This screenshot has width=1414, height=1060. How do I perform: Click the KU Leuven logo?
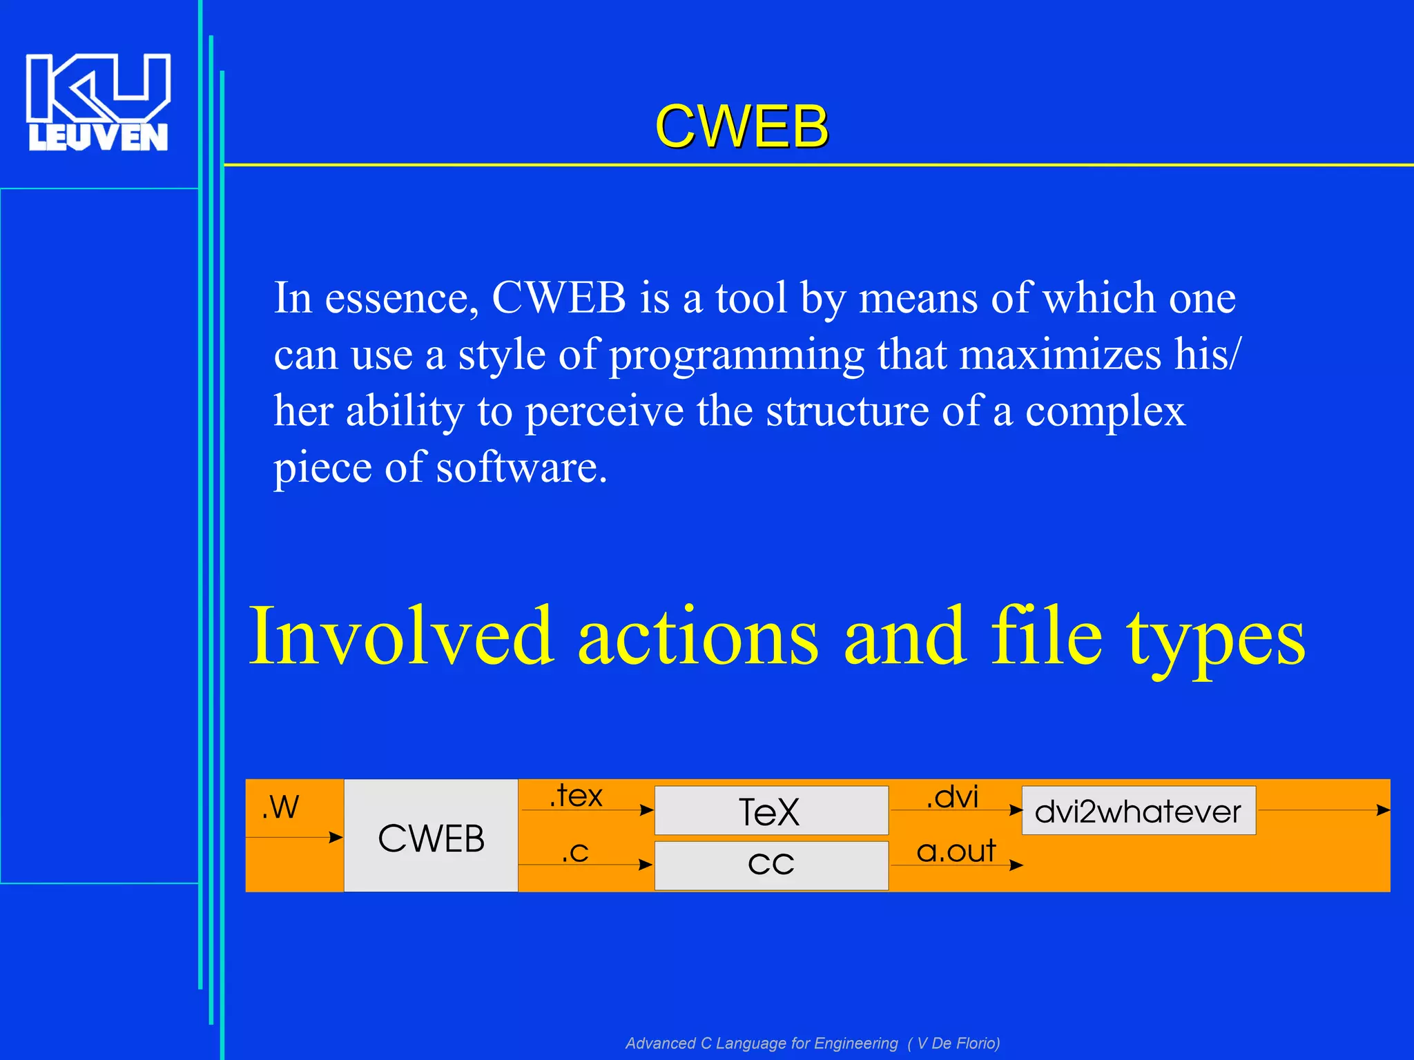coord(97,102)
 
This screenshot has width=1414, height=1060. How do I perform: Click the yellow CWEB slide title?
coord(742,126)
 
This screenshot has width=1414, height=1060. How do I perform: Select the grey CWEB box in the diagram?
coord(431,837)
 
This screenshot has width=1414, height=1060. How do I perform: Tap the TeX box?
coord(771,812)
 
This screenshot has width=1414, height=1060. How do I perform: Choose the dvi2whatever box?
coord(1138,811)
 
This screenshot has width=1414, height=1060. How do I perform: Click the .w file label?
coord(281,807)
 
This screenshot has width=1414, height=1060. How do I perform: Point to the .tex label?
coord(576,796)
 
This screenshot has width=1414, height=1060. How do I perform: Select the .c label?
coord(575,852)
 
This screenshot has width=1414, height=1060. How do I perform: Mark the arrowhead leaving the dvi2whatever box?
coord(1383,810)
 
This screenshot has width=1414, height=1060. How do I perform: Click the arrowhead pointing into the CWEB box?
coord(336,838)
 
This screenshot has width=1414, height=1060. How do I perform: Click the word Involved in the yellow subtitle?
coord(400,636)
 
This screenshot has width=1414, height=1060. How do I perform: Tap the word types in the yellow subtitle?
coord(1217,636)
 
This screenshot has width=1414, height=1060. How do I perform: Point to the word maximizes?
coord(1060,355)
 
